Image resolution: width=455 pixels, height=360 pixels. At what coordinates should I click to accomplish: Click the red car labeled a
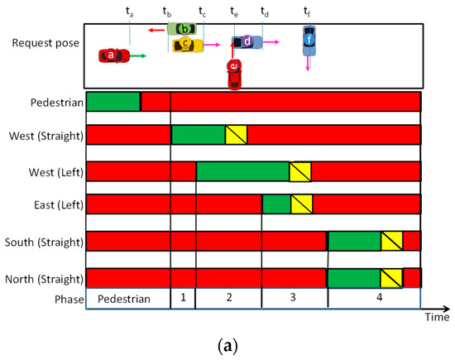(113, 55)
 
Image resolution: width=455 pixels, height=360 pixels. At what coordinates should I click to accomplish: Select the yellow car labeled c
(187, 43)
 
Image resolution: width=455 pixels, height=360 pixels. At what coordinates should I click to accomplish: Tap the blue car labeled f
(309, 40)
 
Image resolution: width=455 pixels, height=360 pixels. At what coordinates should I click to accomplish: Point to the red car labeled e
(235, 72)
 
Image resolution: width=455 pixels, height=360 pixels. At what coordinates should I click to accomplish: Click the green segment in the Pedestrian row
(113, 102)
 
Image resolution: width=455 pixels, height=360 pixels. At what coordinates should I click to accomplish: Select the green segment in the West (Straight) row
(199, 135)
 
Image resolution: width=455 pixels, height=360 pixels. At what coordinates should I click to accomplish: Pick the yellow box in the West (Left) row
(300, 171)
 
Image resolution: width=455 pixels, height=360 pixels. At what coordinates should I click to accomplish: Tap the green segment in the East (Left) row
(276, 204)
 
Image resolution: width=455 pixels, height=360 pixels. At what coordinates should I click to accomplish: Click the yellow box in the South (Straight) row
(391, 241)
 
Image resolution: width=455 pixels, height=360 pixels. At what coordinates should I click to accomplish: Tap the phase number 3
(294, 300)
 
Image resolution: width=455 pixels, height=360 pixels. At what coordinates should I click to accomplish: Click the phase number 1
(183, 300)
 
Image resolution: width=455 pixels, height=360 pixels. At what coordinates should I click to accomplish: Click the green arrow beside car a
(138, 55)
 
